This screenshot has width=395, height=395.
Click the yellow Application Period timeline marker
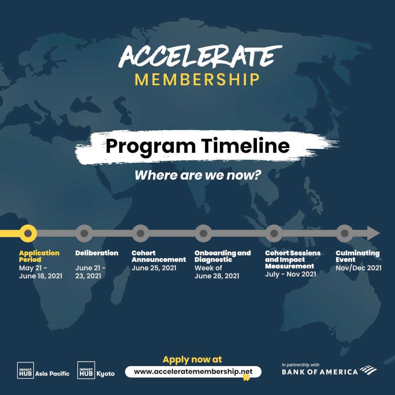coord(28,233)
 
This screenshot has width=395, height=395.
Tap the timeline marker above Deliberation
coord(84,233)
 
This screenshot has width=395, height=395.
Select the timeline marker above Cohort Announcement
coord(140,233)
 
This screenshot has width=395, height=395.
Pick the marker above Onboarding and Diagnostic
coord(203,233)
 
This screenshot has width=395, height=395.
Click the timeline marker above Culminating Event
coord(344,233)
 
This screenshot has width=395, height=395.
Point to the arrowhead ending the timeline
coord(373,233)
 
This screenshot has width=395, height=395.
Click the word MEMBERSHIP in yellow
coord(197,79)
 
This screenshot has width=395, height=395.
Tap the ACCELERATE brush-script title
coord(200,56)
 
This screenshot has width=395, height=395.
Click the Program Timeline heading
coord(197,146)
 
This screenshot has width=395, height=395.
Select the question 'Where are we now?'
coord(197,175)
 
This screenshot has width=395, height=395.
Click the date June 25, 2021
coord(154,268)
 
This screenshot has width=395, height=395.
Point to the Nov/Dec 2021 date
coord(358,268)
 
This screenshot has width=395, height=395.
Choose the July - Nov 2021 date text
coord(290,274)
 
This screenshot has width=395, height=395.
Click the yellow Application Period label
coord(39,256)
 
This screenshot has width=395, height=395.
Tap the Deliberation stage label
coord(97,253)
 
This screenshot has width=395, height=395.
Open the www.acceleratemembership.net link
coord(193,371)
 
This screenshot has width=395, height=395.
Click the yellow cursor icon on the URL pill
coord(246,377)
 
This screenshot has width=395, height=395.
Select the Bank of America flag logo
coord(368,370)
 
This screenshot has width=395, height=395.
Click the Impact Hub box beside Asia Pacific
coord(25,370)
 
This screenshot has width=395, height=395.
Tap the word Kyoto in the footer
coord(106,374)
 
